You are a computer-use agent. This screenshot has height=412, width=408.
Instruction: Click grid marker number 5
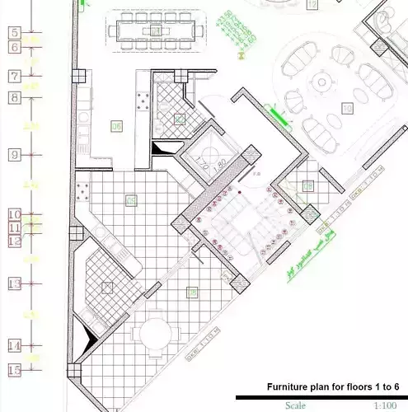click(14, 33)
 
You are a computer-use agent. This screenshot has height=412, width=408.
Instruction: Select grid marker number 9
click(14, 155)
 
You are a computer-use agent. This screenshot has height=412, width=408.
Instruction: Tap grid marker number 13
click(14, 283)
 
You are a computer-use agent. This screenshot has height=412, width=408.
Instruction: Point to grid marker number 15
click(14, 370)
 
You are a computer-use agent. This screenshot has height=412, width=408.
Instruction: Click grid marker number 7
click(14, 77)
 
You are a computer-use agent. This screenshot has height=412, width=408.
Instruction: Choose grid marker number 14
click(14, 345)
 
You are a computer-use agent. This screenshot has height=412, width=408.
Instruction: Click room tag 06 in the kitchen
click(116, 126)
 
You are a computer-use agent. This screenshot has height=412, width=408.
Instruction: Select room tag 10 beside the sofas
click(347, 108)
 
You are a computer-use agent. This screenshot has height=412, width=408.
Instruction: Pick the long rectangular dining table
click(157, 31)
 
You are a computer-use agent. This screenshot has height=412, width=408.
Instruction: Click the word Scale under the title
click(295, 405)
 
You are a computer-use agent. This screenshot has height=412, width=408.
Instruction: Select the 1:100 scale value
click(384, 405)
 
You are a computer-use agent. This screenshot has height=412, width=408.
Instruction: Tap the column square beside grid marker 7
click(81, 76)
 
